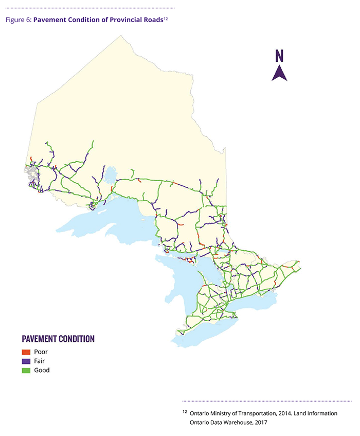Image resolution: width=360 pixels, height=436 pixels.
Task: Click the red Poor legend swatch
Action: coord(26,352)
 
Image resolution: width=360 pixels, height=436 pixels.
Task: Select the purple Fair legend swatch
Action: coord(26,361)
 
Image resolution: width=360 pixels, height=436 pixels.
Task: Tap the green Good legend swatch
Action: coord(26,370)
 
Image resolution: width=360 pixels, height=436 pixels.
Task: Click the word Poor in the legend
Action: coord(41,352)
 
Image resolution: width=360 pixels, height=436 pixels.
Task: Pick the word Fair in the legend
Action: coord(40,361)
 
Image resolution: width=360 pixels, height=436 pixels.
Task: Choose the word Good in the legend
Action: coord(42,370)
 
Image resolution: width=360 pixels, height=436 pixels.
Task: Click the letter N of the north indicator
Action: coord(279,56)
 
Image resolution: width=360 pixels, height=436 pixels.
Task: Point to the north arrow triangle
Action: coord(279,74)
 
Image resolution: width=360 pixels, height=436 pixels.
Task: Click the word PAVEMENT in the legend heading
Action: coord(42,339)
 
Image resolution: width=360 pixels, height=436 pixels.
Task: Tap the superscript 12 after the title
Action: coord(166,19)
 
